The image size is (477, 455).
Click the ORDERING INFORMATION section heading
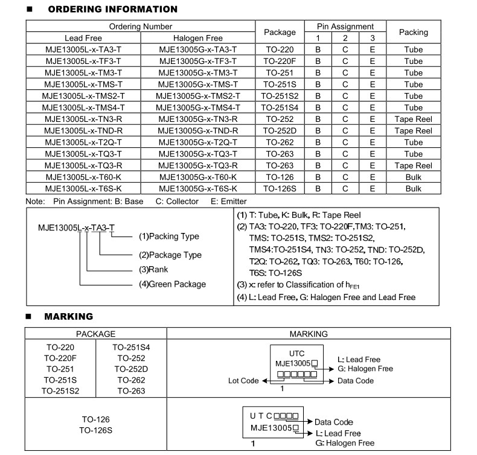(112, 10)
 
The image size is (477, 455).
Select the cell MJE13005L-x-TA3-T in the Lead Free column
(83, 49)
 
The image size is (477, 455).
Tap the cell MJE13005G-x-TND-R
(198, 130)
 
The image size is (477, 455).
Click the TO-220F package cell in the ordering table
(280, 61)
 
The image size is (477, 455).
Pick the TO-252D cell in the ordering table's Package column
(280, 130)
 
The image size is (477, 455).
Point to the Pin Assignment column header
(345, 27)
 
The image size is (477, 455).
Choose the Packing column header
(414, 32)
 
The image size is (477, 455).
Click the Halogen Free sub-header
(198, 38)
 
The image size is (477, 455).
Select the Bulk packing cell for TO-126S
(414, 188)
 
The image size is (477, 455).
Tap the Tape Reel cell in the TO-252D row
(414, 130)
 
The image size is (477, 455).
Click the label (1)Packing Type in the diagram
(169, 236)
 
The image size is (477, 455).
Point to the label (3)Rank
(153, 270)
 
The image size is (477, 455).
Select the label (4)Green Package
(173, 284)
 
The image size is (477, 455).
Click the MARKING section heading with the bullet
(68, 316)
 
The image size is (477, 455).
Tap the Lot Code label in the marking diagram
(243, 381)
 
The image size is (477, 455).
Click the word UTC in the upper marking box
(297, 353)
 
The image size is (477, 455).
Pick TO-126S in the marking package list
(95, 430)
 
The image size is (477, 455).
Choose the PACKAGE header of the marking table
(95, 334)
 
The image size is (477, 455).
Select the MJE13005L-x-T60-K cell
(83, 177)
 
